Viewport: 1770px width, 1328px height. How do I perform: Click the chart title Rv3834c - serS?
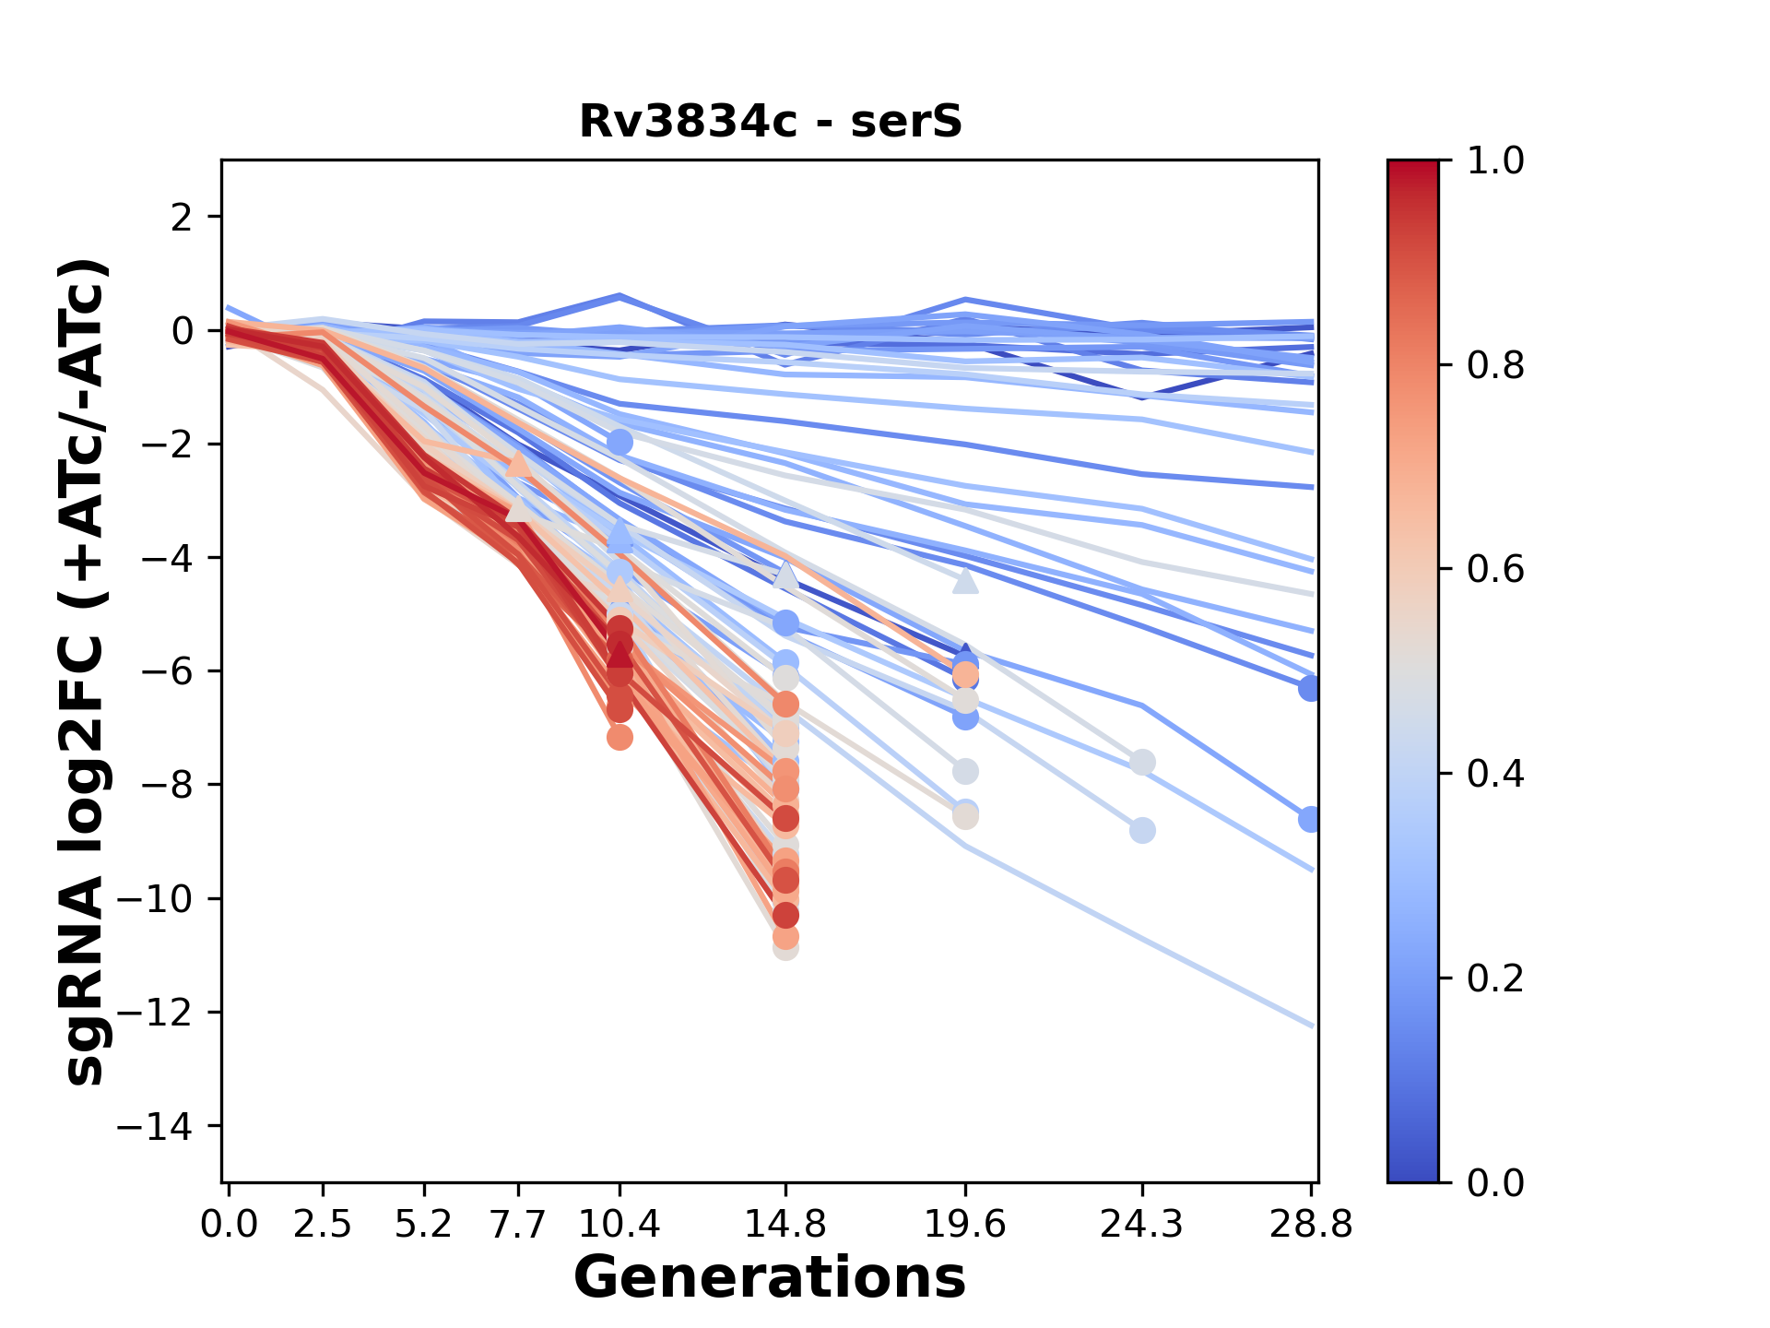point(770,122)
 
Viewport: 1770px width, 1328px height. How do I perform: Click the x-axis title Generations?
point(770,1278)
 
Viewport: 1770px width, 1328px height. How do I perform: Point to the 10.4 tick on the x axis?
point(619,1225)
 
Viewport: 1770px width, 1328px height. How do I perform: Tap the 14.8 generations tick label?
point(785,1225)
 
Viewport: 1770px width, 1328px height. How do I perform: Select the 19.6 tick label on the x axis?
point(965,1225)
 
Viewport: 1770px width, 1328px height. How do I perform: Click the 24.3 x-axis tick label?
point(1142,1225)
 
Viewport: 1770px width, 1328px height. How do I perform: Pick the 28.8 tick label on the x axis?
point(1310,1225)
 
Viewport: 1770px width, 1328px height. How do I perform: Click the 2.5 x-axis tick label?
point(323,1225)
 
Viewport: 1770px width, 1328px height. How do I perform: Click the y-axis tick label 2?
point(182,218)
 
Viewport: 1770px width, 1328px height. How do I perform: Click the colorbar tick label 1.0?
point(1495,161)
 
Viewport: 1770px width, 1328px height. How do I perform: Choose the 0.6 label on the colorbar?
point(1495,569)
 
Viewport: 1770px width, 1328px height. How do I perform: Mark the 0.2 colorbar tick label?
point(1495,978)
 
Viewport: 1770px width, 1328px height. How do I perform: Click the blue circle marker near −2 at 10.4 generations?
point(619,442)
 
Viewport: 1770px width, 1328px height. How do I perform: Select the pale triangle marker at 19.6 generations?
point(965,581)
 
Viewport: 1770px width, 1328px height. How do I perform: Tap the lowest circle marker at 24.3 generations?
point(1142,831)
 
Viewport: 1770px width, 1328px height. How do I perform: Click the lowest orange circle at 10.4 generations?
point(619,737)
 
